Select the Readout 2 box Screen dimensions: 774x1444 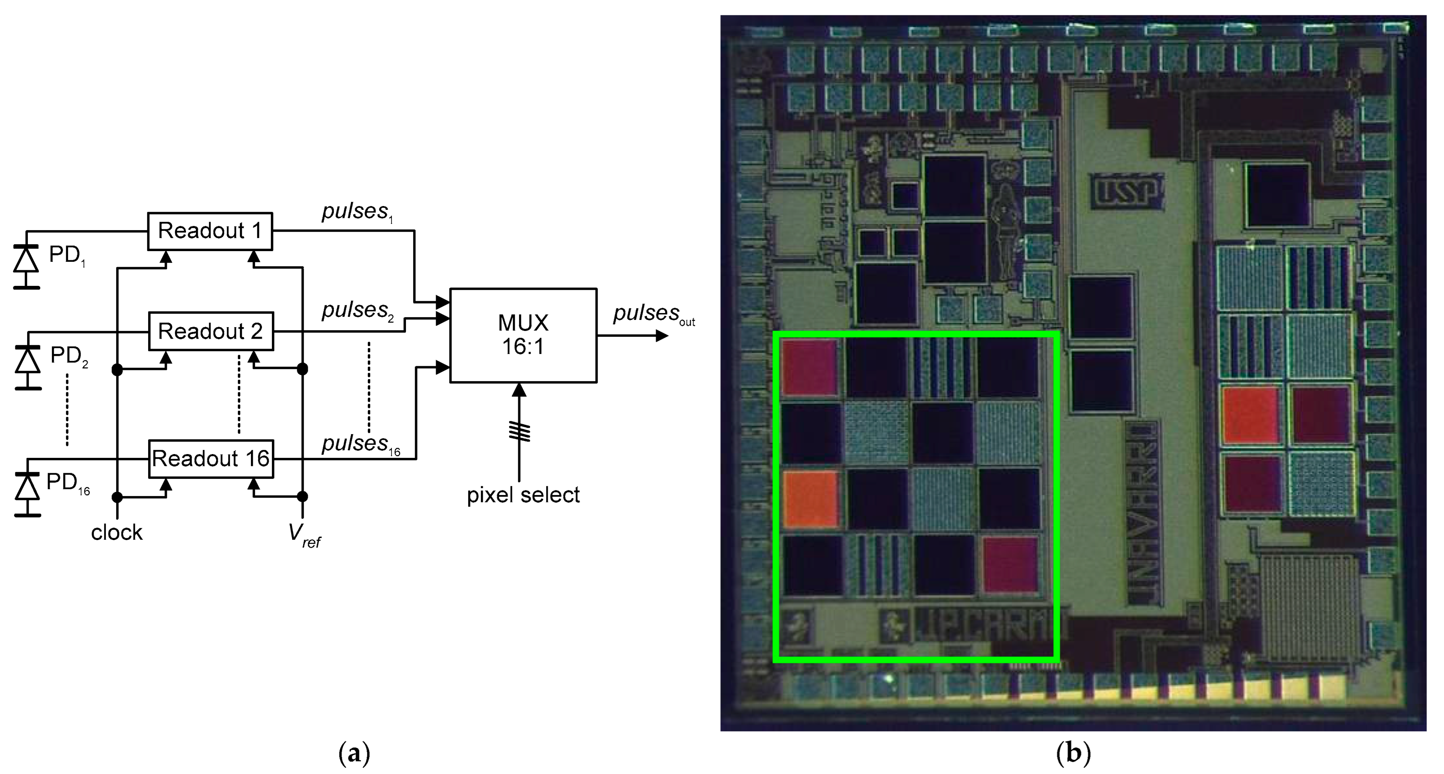[210, 331]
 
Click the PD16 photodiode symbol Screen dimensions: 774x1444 [26, 487]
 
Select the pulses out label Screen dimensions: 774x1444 [653, 314]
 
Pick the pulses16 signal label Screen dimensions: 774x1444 [361, 444]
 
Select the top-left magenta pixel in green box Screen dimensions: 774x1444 [810, 367]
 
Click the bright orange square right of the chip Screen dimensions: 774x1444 [1251, 414]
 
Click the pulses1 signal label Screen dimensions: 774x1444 [357, 212]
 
